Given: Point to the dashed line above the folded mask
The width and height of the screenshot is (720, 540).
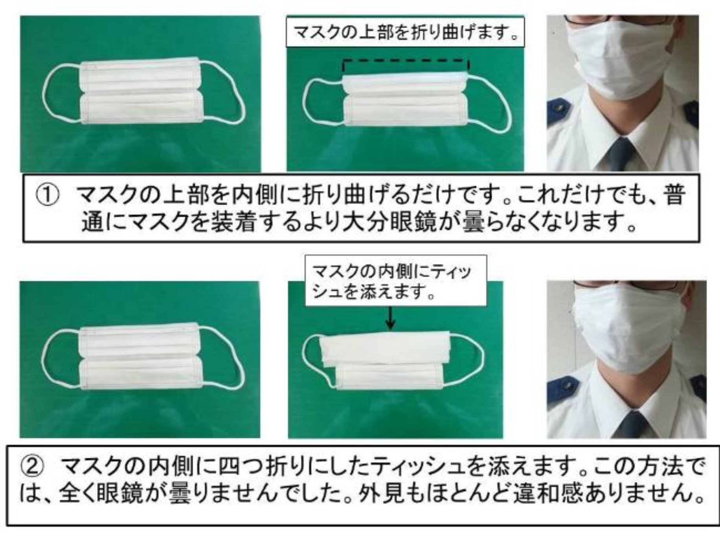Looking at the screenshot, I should pyautogui.click(x=406, y=61).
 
